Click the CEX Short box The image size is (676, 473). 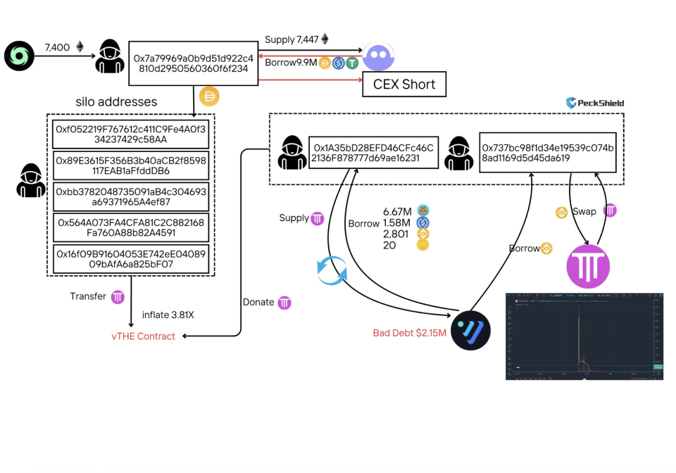[403, 84]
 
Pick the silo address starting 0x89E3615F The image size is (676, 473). [130, 165]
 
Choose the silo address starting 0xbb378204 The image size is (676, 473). [130, 196]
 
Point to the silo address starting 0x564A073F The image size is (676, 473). [130, 227]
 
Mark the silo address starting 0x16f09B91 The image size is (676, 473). [130, 259]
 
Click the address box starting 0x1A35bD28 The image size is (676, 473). [373, 153]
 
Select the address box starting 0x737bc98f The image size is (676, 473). [547, 153]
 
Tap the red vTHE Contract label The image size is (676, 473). [143, 336]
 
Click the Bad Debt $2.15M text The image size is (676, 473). [410, 332]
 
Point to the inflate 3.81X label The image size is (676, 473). [168, 315]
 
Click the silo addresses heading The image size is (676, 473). [116, 102]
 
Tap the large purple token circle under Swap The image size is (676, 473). [588, 267]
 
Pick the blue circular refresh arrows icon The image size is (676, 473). [331, 270]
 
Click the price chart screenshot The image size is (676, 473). [584, 336]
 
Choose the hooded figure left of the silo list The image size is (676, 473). [31, 179]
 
